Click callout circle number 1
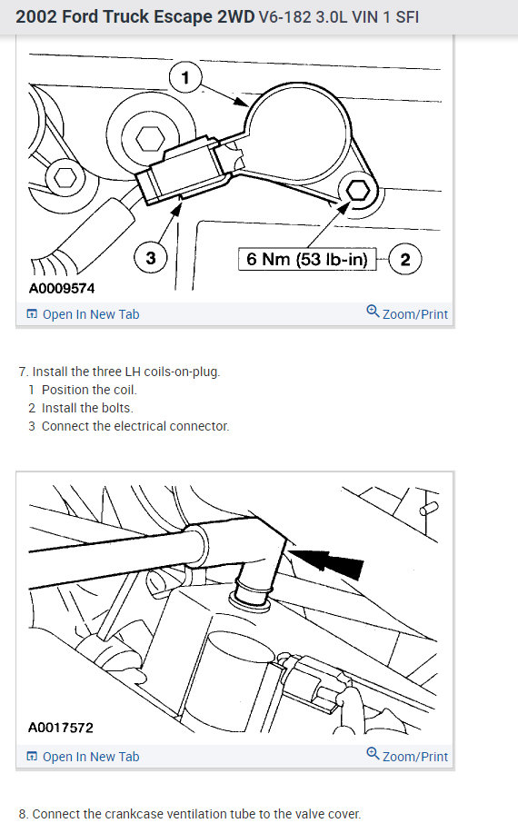pos(185,77)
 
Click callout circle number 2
pos(405,260)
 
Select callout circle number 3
pos(151,258)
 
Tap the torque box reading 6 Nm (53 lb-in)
pos(307,259)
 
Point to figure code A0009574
pos(62,289)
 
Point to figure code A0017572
pos(61,728)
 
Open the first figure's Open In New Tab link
pos(83,314)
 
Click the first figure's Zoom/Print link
pos(407,313)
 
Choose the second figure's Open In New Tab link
pos(83,757)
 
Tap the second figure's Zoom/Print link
pos(407,756)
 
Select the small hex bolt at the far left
pos(65,177)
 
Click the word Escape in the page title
pos(183,17)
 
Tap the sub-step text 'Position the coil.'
pos(89,390)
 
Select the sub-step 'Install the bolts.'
pos(87,408)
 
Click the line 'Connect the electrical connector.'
pos(135,426)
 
